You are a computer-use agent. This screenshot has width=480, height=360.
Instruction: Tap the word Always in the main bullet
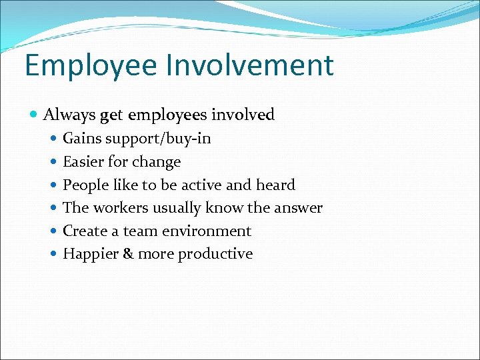click(x=69, y=115)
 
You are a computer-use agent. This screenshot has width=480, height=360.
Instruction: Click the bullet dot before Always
click(x=34, y=115)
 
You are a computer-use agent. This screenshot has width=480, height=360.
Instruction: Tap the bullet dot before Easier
click(x=54, y=162)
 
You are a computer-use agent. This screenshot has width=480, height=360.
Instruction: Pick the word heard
click(x=275, y=185)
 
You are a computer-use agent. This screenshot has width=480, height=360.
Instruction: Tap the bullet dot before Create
click(x=54, y=231)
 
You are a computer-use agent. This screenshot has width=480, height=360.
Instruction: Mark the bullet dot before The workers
click(x=54, y=208)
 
